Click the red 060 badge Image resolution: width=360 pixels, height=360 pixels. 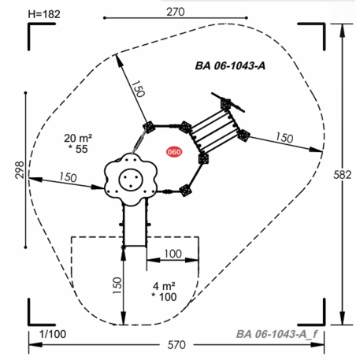[174, 152]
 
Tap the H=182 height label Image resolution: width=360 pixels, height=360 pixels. [44, 14]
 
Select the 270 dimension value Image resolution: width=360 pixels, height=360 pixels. [176, 12]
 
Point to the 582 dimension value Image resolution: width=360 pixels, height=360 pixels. [343, 175]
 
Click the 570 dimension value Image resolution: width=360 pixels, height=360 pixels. [176, 345]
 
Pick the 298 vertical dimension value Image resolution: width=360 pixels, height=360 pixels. [20, 170]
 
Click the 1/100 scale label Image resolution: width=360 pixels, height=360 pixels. [53, 334]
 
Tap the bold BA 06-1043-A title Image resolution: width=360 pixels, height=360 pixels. [230, 65]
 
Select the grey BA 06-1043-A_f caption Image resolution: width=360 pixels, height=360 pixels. [276, 334]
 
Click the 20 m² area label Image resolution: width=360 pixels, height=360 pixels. [78, 138]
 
